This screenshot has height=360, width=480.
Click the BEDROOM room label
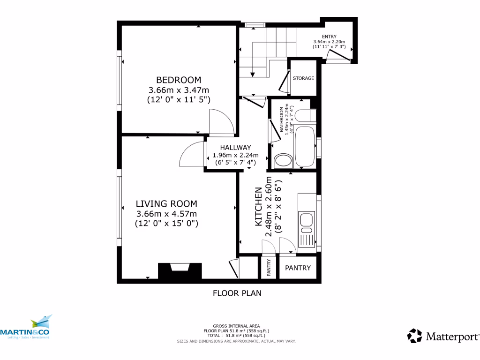tap(179, 80)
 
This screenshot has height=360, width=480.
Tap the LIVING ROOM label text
tap(166, 203)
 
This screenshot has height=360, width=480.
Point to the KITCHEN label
tap(258, 207)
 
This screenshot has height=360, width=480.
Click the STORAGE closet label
tap(303, 78)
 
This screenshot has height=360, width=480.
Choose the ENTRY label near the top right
tap(329, 37)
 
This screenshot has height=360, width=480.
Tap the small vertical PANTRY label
tap(269, 268)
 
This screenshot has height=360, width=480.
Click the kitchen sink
tap(307, 220)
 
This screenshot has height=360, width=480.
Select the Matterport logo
tap(443, 336)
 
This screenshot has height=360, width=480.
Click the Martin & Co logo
tap(26, 328)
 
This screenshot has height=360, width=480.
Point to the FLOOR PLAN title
tap(237, 293)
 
